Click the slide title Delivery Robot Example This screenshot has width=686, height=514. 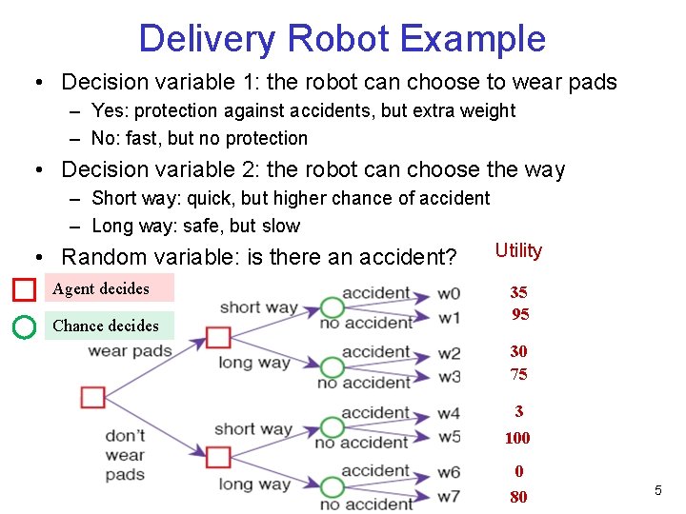click(342, 39)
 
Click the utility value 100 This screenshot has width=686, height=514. click(517, 438)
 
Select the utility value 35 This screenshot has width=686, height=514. click(518, 292)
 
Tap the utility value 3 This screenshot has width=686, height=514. click(518, 411)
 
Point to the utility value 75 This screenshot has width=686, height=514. click(518, 374)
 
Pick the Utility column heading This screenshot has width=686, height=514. click(518, 250)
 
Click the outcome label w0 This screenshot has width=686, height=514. click(449, 293)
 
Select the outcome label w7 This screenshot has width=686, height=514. click(449, 497)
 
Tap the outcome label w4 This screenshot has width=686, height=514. click(449, 414)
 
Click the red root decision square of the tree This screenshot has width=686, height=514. click(92, 397)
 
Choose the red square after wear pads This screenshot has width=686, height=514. click(218, 337)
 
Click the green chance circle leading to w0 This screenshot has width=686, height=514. click(332, 307)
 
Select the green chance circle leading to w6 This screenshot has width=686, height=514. click(332, 485)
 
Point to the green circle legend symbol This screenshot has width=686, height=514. click(25, 326)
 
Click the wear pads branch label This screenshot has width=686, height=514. click(131, 350)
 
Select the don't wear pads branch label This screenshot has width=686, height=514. click(125, 455)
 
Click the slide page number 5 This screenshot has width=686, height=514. click(657, 490)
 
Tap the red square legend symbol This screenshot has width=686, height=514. click(25, 288)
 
